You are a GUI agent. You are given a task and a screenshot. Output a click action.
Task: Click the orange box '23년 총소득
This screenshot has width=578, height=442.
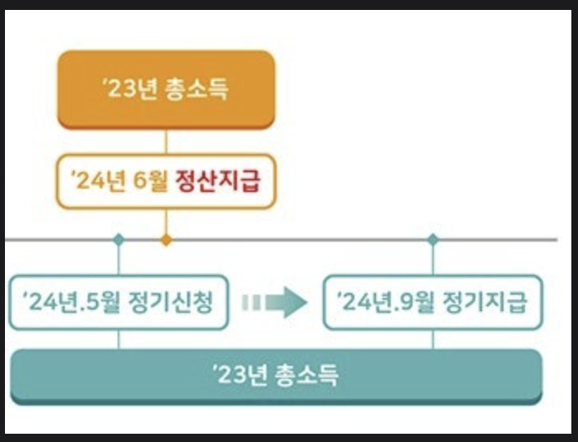[x=166, y=89]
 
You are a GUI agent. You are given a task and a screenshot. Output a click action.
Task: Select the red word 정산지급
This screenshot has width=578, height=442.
[x=219, y=181]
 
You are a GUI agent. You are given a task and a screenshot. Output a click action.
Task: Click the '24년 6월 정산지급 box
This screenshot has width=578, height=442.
[x=166, y=181]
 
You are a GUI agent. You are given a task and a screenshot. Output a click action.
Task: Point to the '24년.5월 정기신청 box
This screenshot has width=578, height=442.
[x=118, y=303]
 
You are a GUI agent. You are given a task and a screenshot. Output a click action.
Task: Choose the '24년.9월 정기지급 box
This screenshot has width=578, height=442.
[x=432, y=303]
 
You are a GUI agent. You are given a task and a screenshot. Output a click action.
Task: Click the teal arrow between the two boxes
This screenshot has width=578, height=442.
[x=276, y=303]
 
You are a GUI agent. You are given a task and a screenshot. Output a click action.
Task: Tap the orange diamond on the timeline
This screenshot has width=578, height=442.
[x=166, y=240]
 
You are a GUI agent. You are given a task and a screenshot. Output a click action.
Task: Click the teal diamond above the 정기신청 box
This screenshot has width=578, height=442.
[x=118, y=240]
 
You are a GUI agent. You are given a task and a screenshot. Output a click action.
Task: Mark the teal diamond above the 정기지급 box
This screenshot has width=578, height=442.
[x=432, y=240]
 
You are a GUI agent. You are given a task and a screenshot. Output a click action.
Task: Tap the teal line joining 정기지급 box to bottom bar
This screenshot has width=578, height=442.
[x=432, y=339]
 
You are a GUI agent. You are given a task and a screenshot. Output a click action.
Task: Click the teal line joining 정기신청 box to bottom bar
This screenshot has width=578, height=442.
[x=118, y=339]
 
